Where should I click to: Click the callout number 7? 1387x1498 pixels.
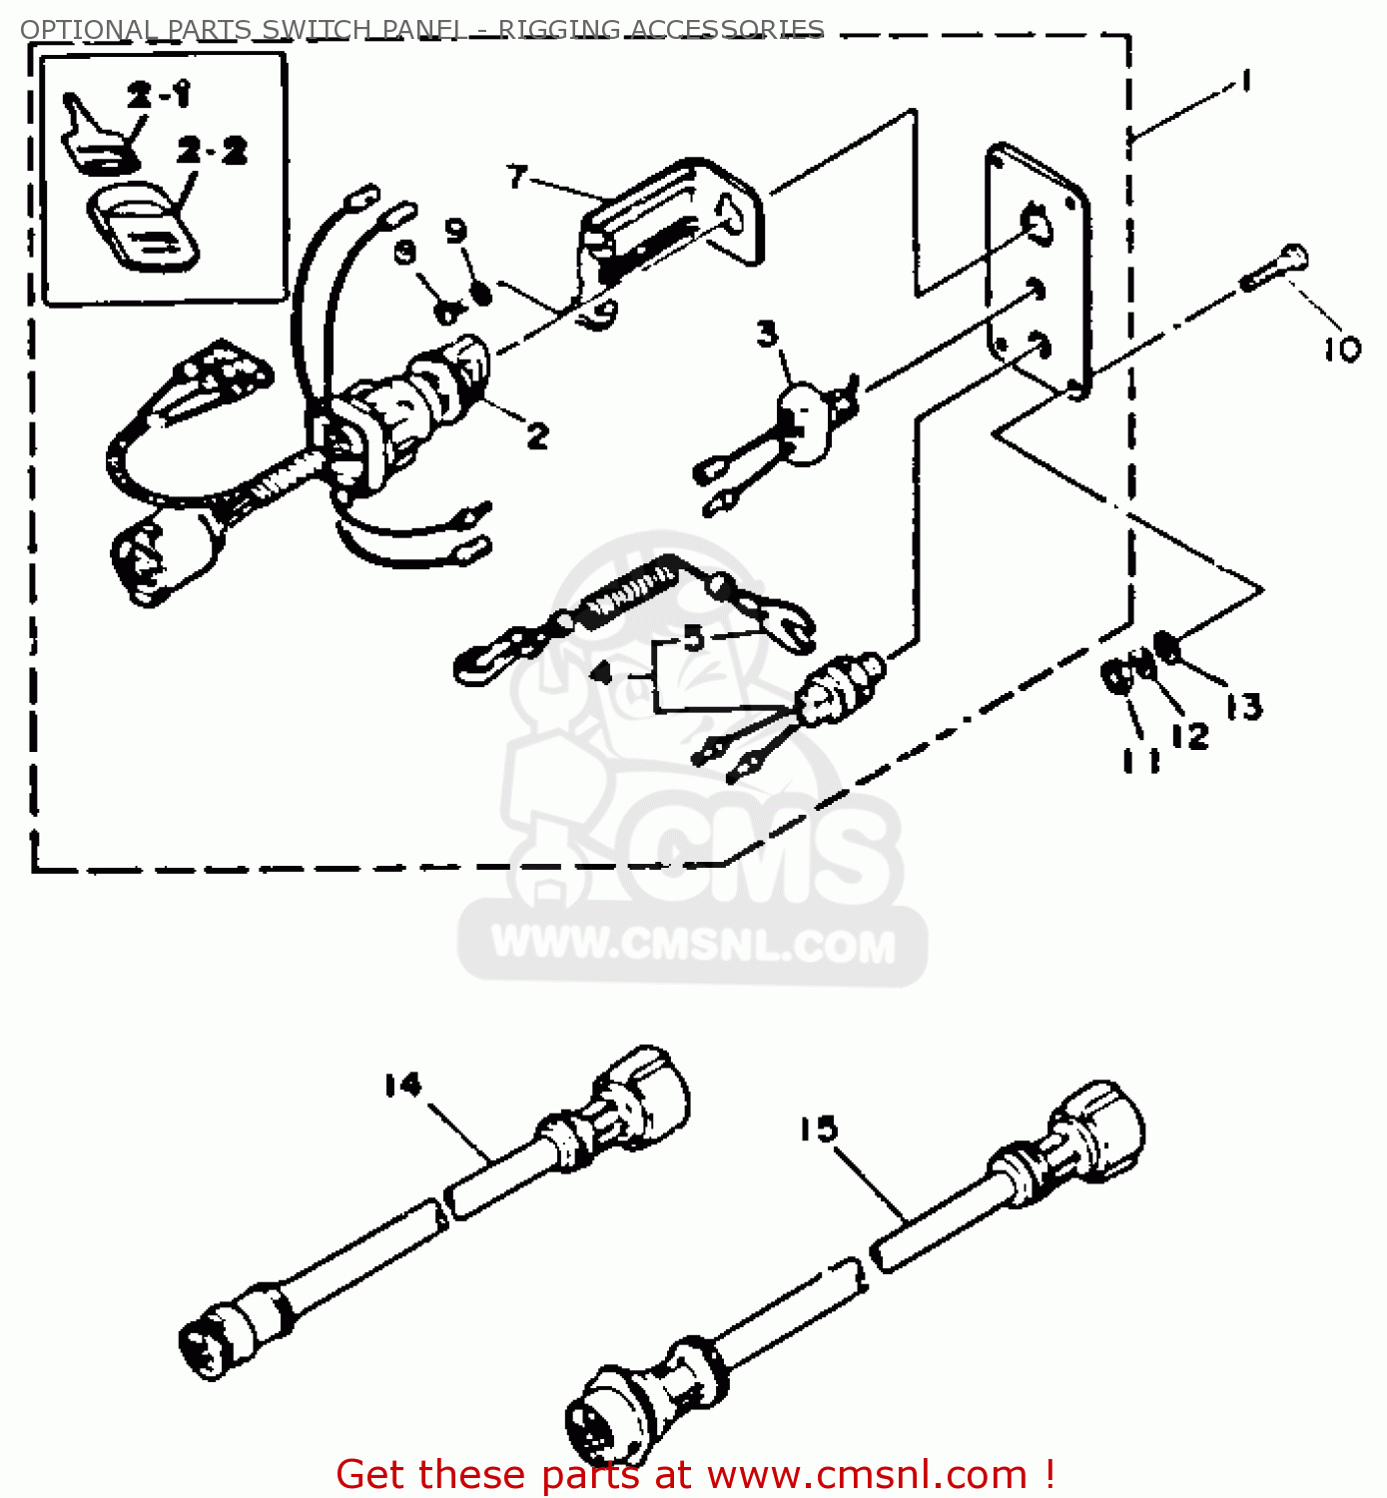pyautogui.click(x=516, y=177)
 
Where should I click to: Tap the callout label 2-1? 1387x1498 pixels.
pyautogui.click(x=159, y=95)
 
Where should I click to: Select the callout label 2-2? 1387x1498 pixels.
pyautogui.click(x=212, y=151)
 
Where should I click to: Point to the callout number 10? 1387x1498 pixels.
pyautogui.click(x=1342, y=349)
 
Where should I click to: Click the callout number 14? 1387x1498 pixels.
pyautogui.click(x=403, y=1085)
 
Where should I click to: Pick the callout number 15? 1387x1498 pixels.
pyautogui.click(x=818, y=1129)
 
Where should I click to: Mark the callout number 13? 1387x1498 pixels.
pyautogui.click(x=1244, y=707)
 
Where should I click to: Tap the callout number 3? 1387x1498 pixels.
pyautogui.click(x=766, y=334)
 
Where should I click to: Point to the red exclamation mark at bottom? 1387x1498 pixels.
pyautogui.click(x=1048, y=1474)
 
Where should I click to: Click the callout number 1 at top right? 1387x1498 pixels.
pyautogui.click(x=1245, y=80)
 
